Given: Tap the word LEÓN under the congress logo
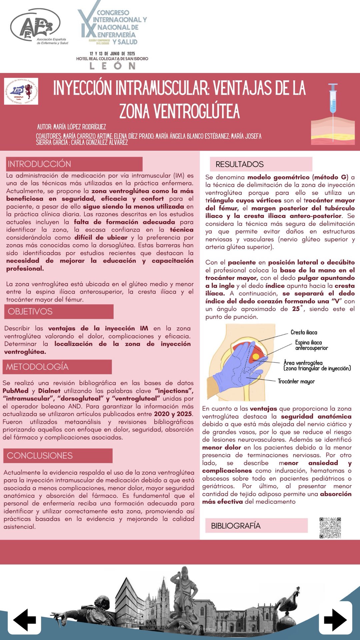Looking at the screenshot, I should pos(112,66).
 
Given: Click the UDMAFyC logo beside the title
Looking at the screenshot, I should pos(21,91).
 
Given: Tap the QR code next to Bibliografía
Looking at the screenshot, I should pos(330,528).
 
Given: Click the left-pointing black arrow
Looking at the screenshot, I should pos(24,620).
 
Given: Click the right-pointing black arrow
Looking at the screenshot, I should pos(335,620).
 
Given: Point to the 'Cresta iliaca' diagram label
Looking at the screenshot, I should pos(304,332).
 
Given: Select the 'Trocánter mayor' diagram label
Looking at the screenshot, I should pos(296,381).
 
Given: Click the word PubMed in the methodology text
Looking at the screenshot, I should pos(15,391).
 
